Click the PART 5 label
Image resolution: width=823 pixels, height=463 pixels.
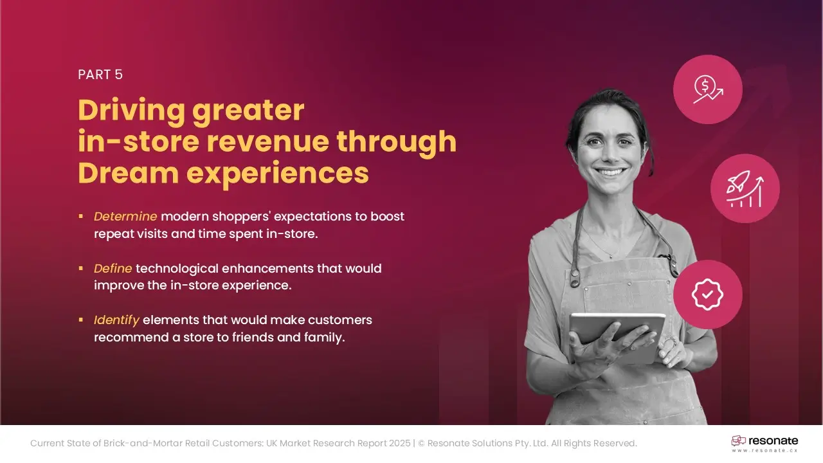pyautogui.click(x=100, y=75)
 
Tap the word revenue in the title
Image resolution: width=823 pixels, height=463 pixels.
pyautogui.click(x=267, y=141)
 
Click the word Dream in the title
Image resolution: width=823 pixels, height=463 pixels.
pyautogui.click(x=128, y=173)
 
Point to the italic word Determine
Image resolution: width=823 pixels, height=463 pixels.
pyautogui.click(x=125, y=217)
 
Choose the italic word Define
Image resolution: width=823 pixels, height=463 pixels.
pyautogui.click(x=113, y=268)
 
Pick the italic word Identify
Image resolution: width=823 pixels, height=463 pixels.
pyautogui.click(x=116, y=320)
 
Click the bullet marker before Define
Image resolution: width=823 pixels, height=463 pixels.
pyautogui.click(x=81, y=268)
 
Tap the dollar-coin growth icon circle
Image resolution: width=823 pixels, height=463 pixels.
pyautogui.click(x=708, y=89)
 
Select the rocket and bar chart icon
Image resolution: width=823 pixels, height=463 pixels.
pyautogui.click(x=745, y=188)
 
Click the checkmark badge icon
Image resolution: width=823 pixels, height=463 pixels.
pyautogui.click(x=708, y=295)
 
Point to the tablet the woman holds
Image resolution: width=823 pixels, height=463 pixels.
pyautogui.click(x=617, y=336)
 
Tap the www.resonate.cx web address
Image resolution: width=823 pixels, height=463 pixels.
pyautogui.click(x=764, y=450)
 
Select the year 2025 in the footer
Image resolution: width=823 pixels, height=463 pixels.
pyautogui.click(x=400, y=443)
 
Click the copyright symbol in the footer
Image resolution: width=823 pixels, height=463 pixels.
pyautogui.click(x=421, y=443)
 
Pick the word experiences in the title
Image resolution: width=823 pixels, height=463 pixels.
pyautogui.click(x=277, y=174)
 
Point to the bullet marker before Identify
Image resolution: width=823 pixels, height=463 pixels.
pyautogui.click(x=81, y=320)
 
